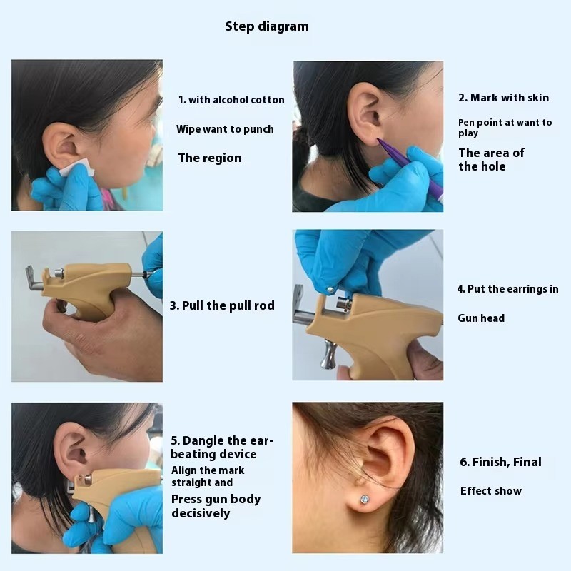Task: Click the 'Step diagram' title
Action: pyautogui.click(x=267, y=26)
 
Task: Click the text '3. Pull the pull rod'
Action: pyautogui.click(x=222, y=305)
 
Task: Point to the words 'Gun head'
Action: pyautogui.click(x=481, y=318)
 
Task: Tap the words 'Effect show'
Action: pyautogui.click(x=491, y=491)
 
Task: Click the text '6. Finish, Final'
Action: pyautogui.click(x=500, y=462)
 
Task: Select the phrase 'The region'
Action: pyautogui.click(x=210, y=158)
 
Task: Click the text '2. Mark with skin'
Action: pyautogui.click(x=504, y=97)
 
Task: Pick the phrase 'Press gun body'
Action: pyautogui.click(x=216, y=499)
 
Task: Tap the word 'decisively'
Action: pyautogui.click(x=201, y=513)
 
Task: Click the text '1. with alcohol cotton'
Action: pyautogui.click(x=231, y=100)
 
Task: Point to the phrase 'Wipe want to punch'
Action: pyautogui.click(x=225, y=129)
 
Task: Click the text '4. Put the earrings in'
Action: pyautogui.click(x=507, y=289)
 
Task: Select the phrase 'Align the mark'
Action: pyautogui.click(x=208, y=470)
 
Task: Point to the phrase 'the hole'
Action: pyautogui.click(x=482, y=166)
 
